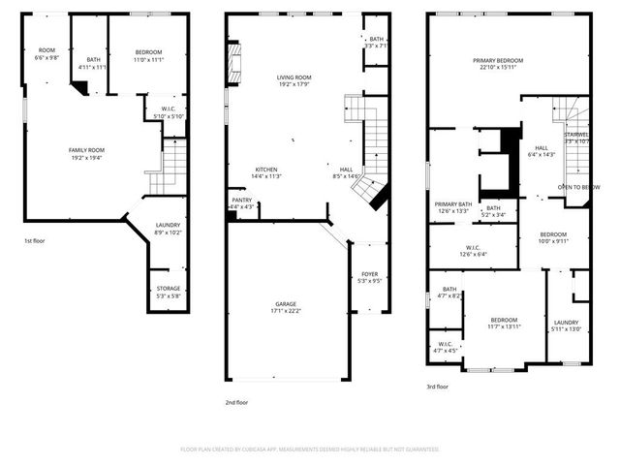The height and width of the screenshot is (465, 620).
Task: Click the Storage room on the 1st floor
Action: [169, 292]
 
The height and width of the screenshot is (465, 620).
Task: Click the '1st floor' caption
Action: [36, 240]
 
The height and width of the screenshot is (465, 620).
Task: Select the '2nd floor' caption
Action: [236, 402]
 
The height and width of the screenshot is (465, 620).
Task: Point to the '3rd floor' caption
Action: [438, 387]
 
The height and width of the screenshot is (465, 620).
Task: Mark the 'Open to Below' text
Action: [577, 186]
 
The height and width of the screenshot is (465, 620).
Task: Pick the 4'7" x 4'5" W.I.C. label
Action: [446, 347]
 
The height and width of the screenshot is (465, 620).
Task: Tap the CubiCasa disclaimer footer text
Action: [310, 449]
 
